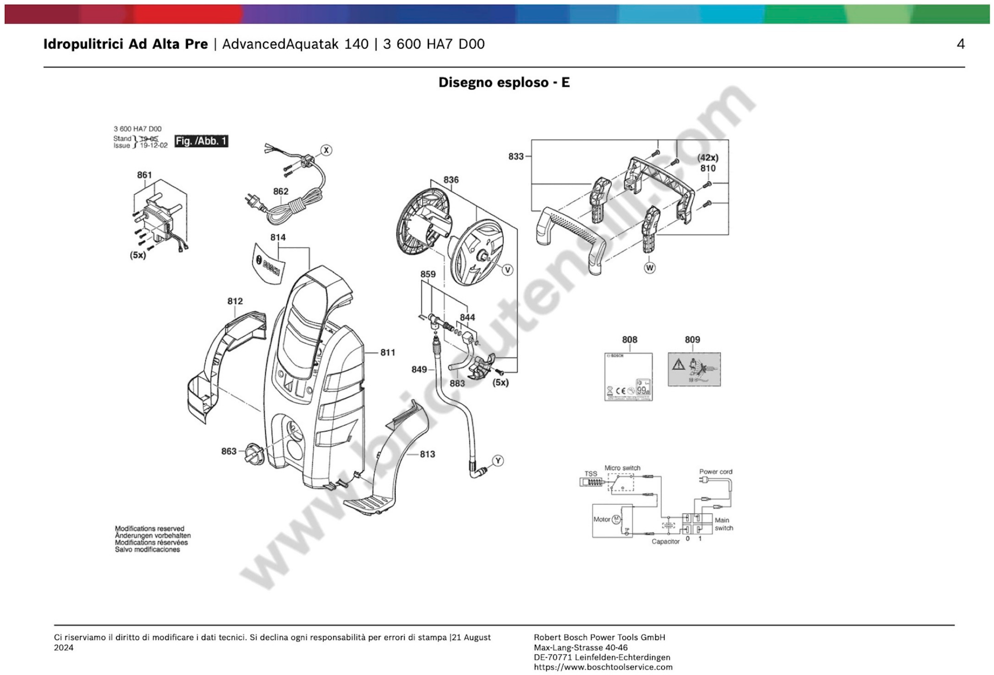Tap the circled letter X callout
[326, 150]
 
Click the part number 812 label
[235, 301]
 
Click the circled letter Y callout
[497, 461]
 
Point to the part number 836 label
[451, 180]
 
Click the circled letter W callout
[649, 268]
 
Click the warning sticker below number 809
[694, 369]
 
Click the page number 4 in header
[960, 44]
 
